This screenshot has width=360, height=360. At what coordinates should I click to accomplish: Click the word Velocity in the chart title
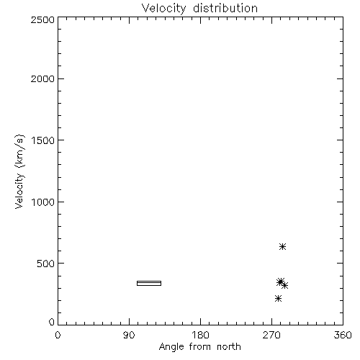(164, 9)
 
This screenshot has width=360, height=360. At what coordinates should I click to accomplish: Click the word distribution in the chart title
(225, 8)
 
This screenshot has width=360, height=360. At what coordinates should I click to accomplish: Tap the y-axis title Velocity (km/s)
(19, 171)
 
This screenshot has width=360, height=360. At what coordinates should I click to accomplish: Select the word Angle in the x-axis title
(171, 347)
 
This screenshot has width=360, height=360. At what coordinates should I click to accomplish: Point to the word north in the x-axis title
(229, 346)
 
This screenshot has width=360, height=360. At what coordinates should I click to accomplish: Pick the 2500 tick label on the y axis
(42, 19)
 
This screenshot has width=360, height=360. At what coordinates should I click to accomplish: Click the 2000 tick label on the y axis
(42, 78)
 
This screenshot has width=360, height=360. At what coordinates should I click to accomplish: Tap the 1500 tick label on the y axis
(43, 140)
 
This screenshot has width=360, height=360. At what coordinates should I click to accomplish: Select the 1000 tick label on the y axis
(43, 202)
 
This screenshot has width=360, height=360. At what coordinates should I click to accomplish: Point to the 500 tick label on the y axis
(46, 264)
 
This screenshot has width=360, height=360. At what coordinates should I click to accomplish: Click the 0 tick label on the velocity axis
(52, 322)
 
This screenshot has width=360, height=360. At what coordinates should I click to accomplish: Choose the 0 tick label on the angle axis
(58, 335)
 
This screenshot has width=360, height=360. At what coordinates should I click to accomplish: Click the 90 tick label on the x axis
(129, 335)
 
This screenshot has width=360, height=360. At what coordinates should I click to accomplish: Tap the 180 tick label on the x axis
(200, 335)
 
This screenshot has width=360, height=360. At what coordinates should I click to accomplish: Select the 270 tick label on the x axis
(271, 335)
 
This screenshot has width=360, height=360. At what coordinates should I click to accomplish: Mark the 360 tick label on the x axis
(343, 335)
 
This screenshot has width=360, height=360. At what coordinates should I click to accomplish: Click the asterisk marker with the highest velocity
(282, 246)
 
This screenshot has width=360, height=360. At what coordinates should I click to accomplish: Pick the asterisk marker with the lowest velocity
(278, 299)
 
